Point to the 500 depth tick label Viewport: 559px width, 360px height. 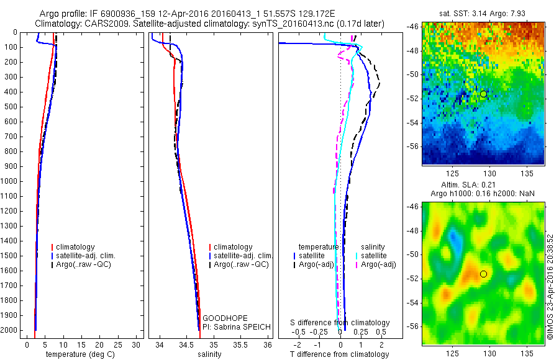[x=11, y=107]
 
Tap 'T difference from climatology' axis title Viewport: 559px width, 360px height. [x=339, y=354]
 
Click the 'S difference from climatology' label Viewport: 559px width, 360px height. [x=340, y=323]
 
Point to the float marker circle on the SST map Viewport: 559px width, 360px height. [x=483, y=94]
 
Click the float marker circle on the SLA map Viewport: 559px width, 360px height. [x=483, y=274]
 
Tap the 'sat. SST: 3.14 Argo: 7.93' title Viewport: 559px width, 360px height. [x=483, y=13]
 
